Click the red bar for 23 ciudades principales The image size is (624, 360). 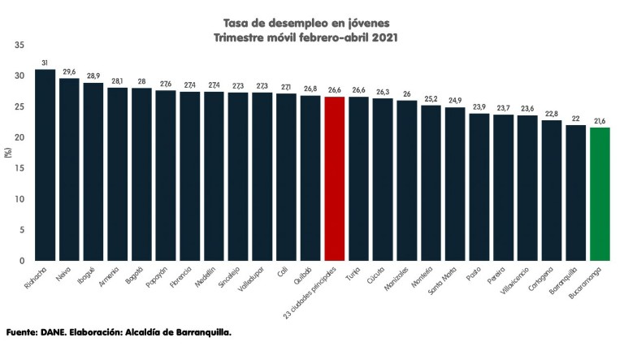coord(335,179)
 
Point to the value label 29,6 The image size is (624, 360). coord(69,72)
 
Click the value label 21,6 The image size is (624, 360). coord(600,121)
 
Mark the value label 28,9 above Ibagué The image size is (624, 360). coord(93,76)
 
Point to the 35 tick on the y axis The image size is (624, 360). coord(19,45)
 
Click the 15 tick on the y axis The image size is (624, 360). coord(19,168)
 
